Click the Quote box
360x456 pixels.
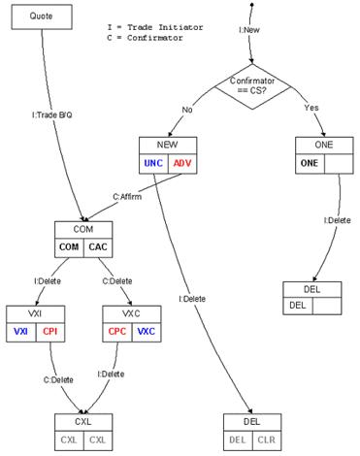coord(42,16)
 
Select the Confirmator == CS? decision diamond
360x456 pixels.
coord(252,86)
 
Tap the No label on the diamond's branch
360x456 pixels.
coord(187,110)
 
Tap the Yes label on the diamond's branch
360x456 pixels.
coord(311,108)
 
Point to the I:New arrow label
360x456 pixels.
coord(249,30)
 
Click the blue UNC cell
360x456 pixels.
coord(153,163)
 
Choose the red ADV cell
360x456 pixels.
coord(182,163)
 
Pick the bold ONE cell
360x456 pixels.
coord(310,163)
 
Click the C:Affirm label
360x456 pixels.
coord(127,197)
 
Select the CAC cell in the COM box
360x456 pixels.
coord(98,247)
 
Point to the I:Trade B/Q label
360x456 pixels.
coord(51,114)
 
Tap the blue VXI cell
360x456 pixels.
coord(21,332)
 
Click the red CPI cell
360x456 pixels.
coord(50,332)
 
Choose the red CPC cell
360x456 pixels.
coord(117,332)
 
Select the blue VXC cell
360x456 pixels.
coord(147,332)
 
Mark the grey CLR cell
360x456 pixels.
coord(267,440)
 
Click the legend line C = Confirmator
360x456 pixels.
coord(145,38)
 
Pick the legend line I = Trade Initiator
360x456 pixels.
coord(155,27)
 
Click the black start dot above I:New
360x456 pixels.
coord(252,5)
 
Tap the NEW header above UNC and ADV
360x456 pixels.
coord(168,145)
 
